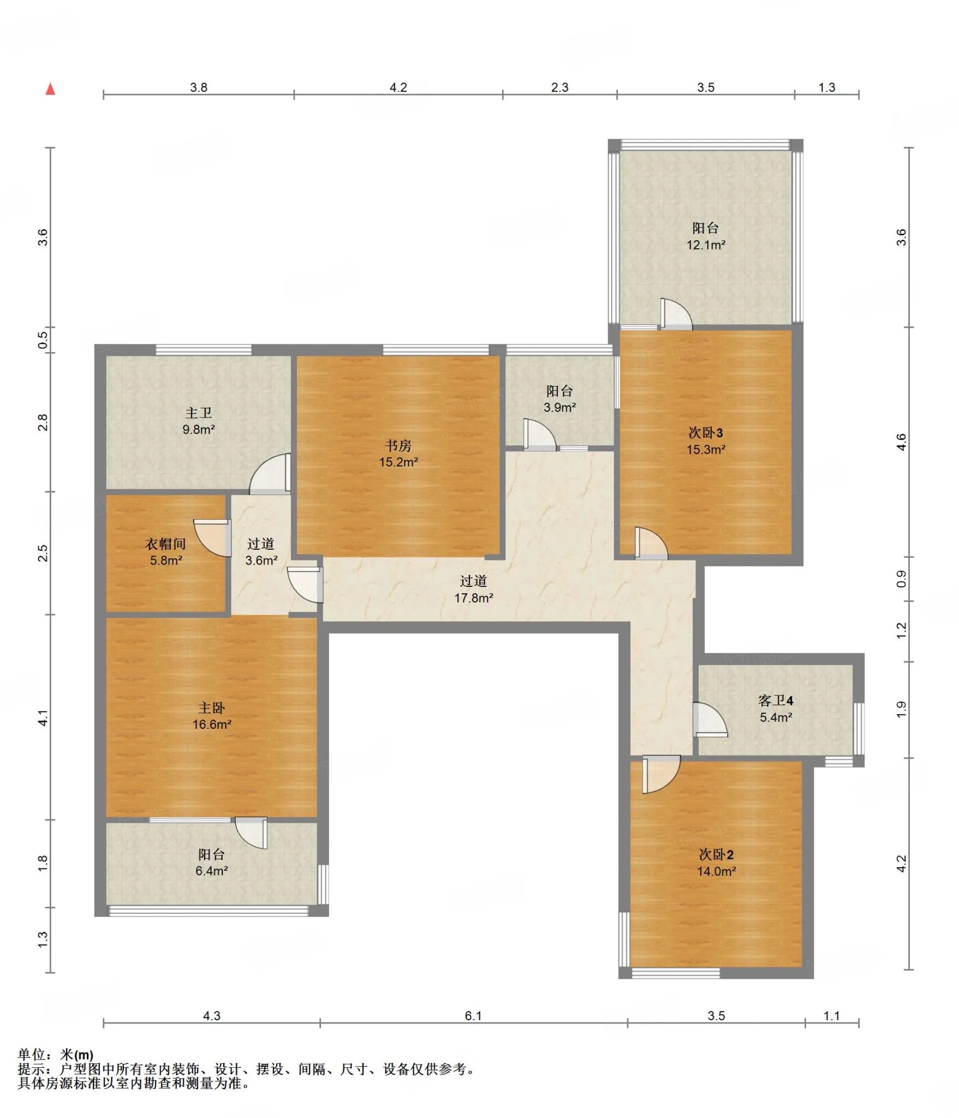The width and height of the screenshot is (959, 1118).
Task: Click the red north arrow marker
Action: [50, 88]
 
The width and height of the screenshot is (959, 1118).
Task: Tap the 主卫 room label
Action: [199, 413]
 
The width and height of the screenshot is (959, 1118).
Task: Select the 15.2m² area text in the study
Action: [398, 462]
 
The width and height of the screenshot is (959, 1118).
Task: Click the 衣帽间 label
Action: [165, 544]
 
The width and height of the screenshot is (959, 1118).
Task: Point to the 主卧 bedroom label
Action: [211, 708]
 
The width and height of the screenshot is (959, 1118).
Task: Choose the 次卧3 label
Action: [706, 433]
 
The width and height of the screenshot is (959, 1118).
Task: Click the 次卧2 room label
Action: [716, 854]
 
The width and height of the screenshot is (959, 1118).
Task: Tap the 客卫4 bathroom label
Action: [776, 700]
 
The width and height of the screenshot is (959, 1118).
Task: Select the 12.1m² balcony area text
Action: [706, 245]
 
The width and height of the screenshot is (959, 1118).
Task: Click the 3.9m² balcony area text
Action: [560, 407]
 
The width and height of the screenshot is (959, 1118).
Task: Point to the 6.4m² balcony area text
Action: [212, 871]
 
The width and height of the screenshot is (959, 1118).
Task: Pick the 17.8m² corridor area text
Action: [474, 598]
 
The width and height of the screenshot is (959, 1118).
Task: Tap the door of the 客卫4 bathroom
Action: [710, 719]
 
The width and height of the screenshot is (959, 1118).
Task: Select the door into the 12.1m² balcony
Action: [676, 314]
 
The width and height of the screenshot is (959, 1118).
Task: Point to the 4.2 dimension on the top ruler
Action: [398, 87]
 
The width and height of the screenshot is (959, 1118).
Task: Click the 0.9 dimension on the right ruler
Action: [901, 579]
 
